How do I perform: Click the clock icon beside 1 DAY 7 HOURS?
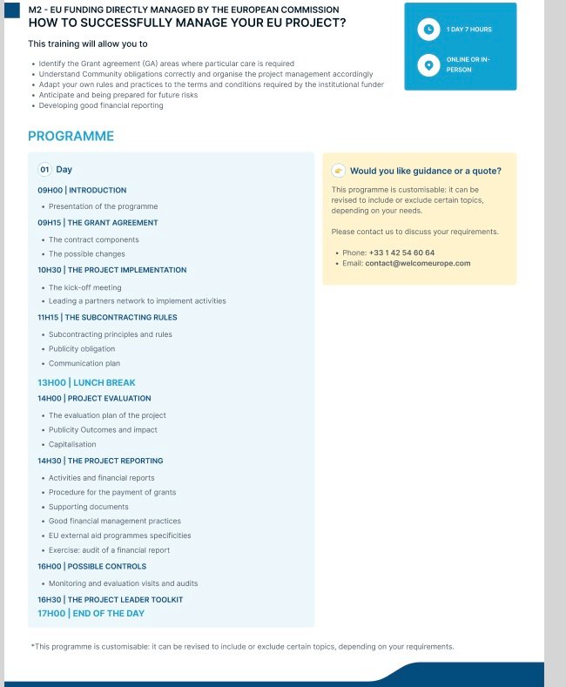coord(428,30)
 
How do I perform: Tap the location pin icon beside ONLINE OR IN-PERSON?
coord(428,64)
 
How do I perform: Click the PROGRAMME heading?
coord(71,136)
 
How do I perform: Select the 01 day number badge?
coord(44,170)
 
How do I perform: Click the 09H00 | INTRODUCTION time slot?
coord(82,190)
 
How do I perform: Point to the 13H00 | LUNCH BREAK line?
coord(86,382)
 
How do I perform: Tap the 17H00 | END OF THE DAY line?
coord(91,613)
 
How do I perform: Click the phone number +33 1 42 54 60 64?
coord(401,253)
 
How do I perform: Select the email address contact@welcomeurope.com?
coord(418,263)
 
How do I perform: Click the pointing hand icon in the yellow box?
coord(339,171)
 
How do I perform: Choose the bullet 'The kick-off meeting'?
coord(84,287)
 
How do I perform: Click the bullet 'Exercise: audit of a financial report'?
coord(109,550)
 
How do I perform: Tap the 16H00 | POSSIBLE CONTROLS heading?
coord(91,566)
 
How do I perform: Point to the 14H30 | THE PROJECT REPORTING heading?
coord(100,461)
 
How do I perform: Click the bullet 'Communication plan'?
coord(84,363)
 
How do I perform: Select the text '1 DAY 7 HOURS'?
coord(468,30)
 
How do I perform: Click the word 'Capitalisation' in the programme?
coord(72,444)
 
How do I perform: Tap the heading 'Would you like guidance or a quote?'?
coord(425,171)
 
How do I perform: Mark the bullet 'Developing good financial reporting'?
coord(101,105)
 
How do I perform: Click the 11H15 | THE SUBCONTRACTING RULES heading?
coord(107,318)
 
